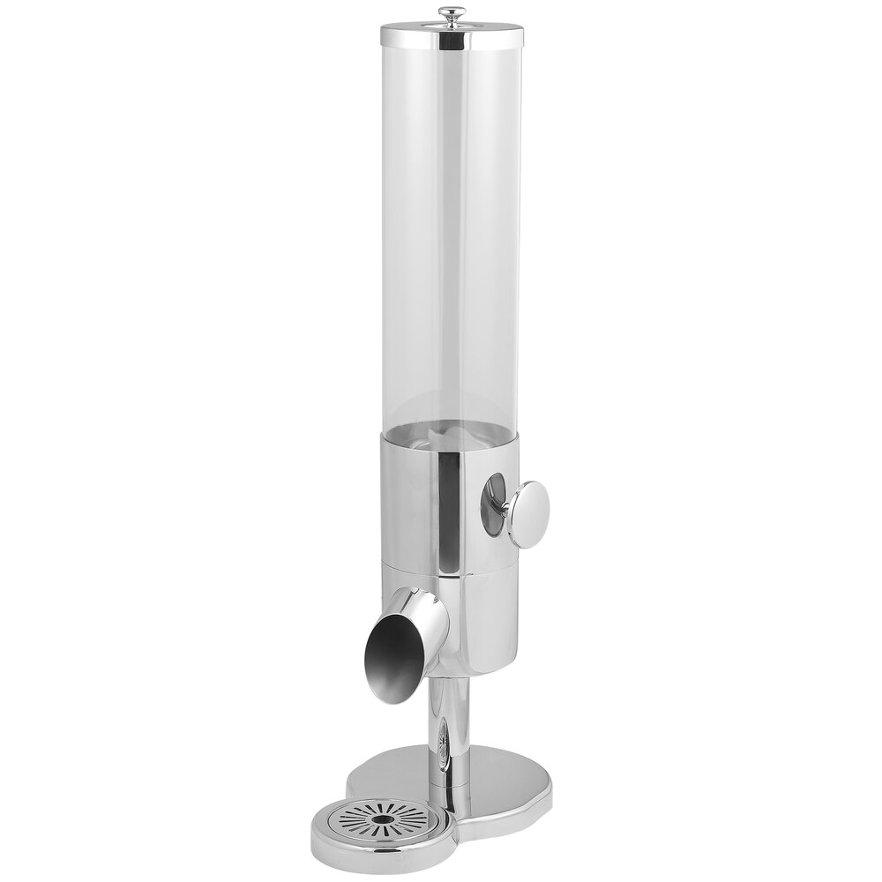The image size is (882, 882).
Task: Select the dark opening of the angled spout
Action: pos(386,653)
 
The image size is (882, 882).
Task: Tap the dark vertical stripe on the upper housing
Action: pos(452,503)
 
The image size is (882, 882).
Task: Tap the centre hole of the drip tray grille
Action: pos(384,820)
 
